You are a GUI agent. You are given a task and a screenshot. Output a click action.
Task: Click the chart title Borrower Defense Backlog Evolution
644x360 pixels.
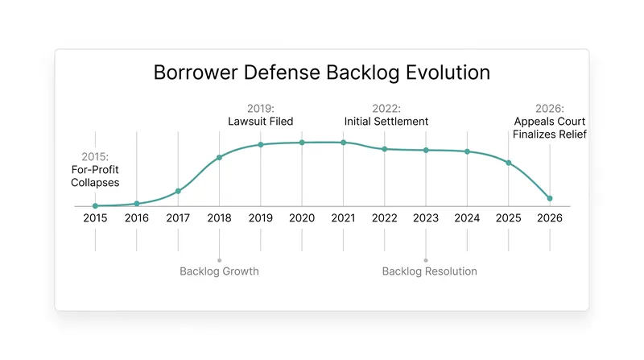[x=321, y=72]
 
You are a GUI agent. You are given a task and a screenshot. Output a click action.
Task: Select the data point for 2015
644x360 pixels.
[x=95, y=206]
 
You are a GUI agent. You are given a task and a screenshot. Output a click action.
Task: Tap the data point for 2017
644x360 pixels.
[x=178, y=191]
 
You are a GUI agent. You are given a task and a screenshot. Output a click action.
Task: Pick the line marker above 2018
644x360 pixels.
[x=219, y=157]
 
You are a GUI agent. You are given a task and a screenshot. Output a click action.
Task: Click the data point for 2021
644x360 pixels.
[x=344, y=143]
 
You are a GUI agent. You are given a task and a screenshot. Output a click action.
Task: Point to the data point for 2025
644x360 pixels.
[x=509, y=163]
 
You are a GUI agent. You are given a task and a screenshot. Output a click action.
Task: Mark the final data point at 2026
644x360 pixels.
[x=550, y=198]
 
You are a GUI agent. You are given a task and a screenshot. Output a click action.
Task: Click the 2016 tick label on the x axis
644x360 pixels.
[x=137, y=217]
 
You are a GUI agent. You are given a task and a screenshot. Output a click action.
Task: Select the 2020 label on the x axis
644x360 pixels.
[x=302, y=217]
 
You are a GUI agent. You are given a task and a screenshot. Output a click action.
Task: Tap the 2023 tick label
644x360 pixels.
[x=426, y=217]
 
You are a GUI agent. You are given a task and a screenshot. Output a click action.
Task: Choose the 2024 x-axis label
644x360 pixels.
[x=467, y=217]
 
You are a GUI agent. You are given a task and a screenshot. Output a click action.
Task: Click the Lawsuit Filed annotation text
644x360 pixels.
[x=260, y=122]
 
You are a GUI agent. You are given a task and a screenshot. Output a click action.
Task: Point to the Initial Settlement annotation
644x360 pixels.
[x=386, y=122]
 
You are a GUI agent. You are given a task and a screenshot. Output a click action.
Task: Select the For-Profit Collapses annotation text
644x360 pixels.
[x=95, y=176]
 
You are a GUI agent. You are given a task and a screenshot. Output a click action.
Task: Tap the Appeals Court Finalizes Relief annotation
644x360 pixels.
[x=550, y=128]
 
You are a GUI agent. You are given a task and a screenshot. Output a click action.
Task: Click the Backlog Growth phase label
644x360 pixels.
[x=219, y=271]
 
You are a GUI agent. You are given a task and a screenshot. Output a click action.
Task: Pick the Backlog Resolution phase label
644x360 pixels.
[x=430, y=271]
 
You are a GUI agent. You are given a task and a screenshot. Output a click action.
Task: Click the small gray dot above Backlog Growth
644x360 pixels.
[x=219, y=260]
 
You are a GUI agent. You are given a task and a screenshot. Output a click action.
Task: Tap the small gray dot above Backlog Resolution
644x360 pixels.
[x=426, y=260]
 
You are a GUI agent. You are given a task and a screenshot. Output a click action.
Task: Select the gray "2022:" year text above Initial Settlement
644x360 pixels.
[x=386, y=109]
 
